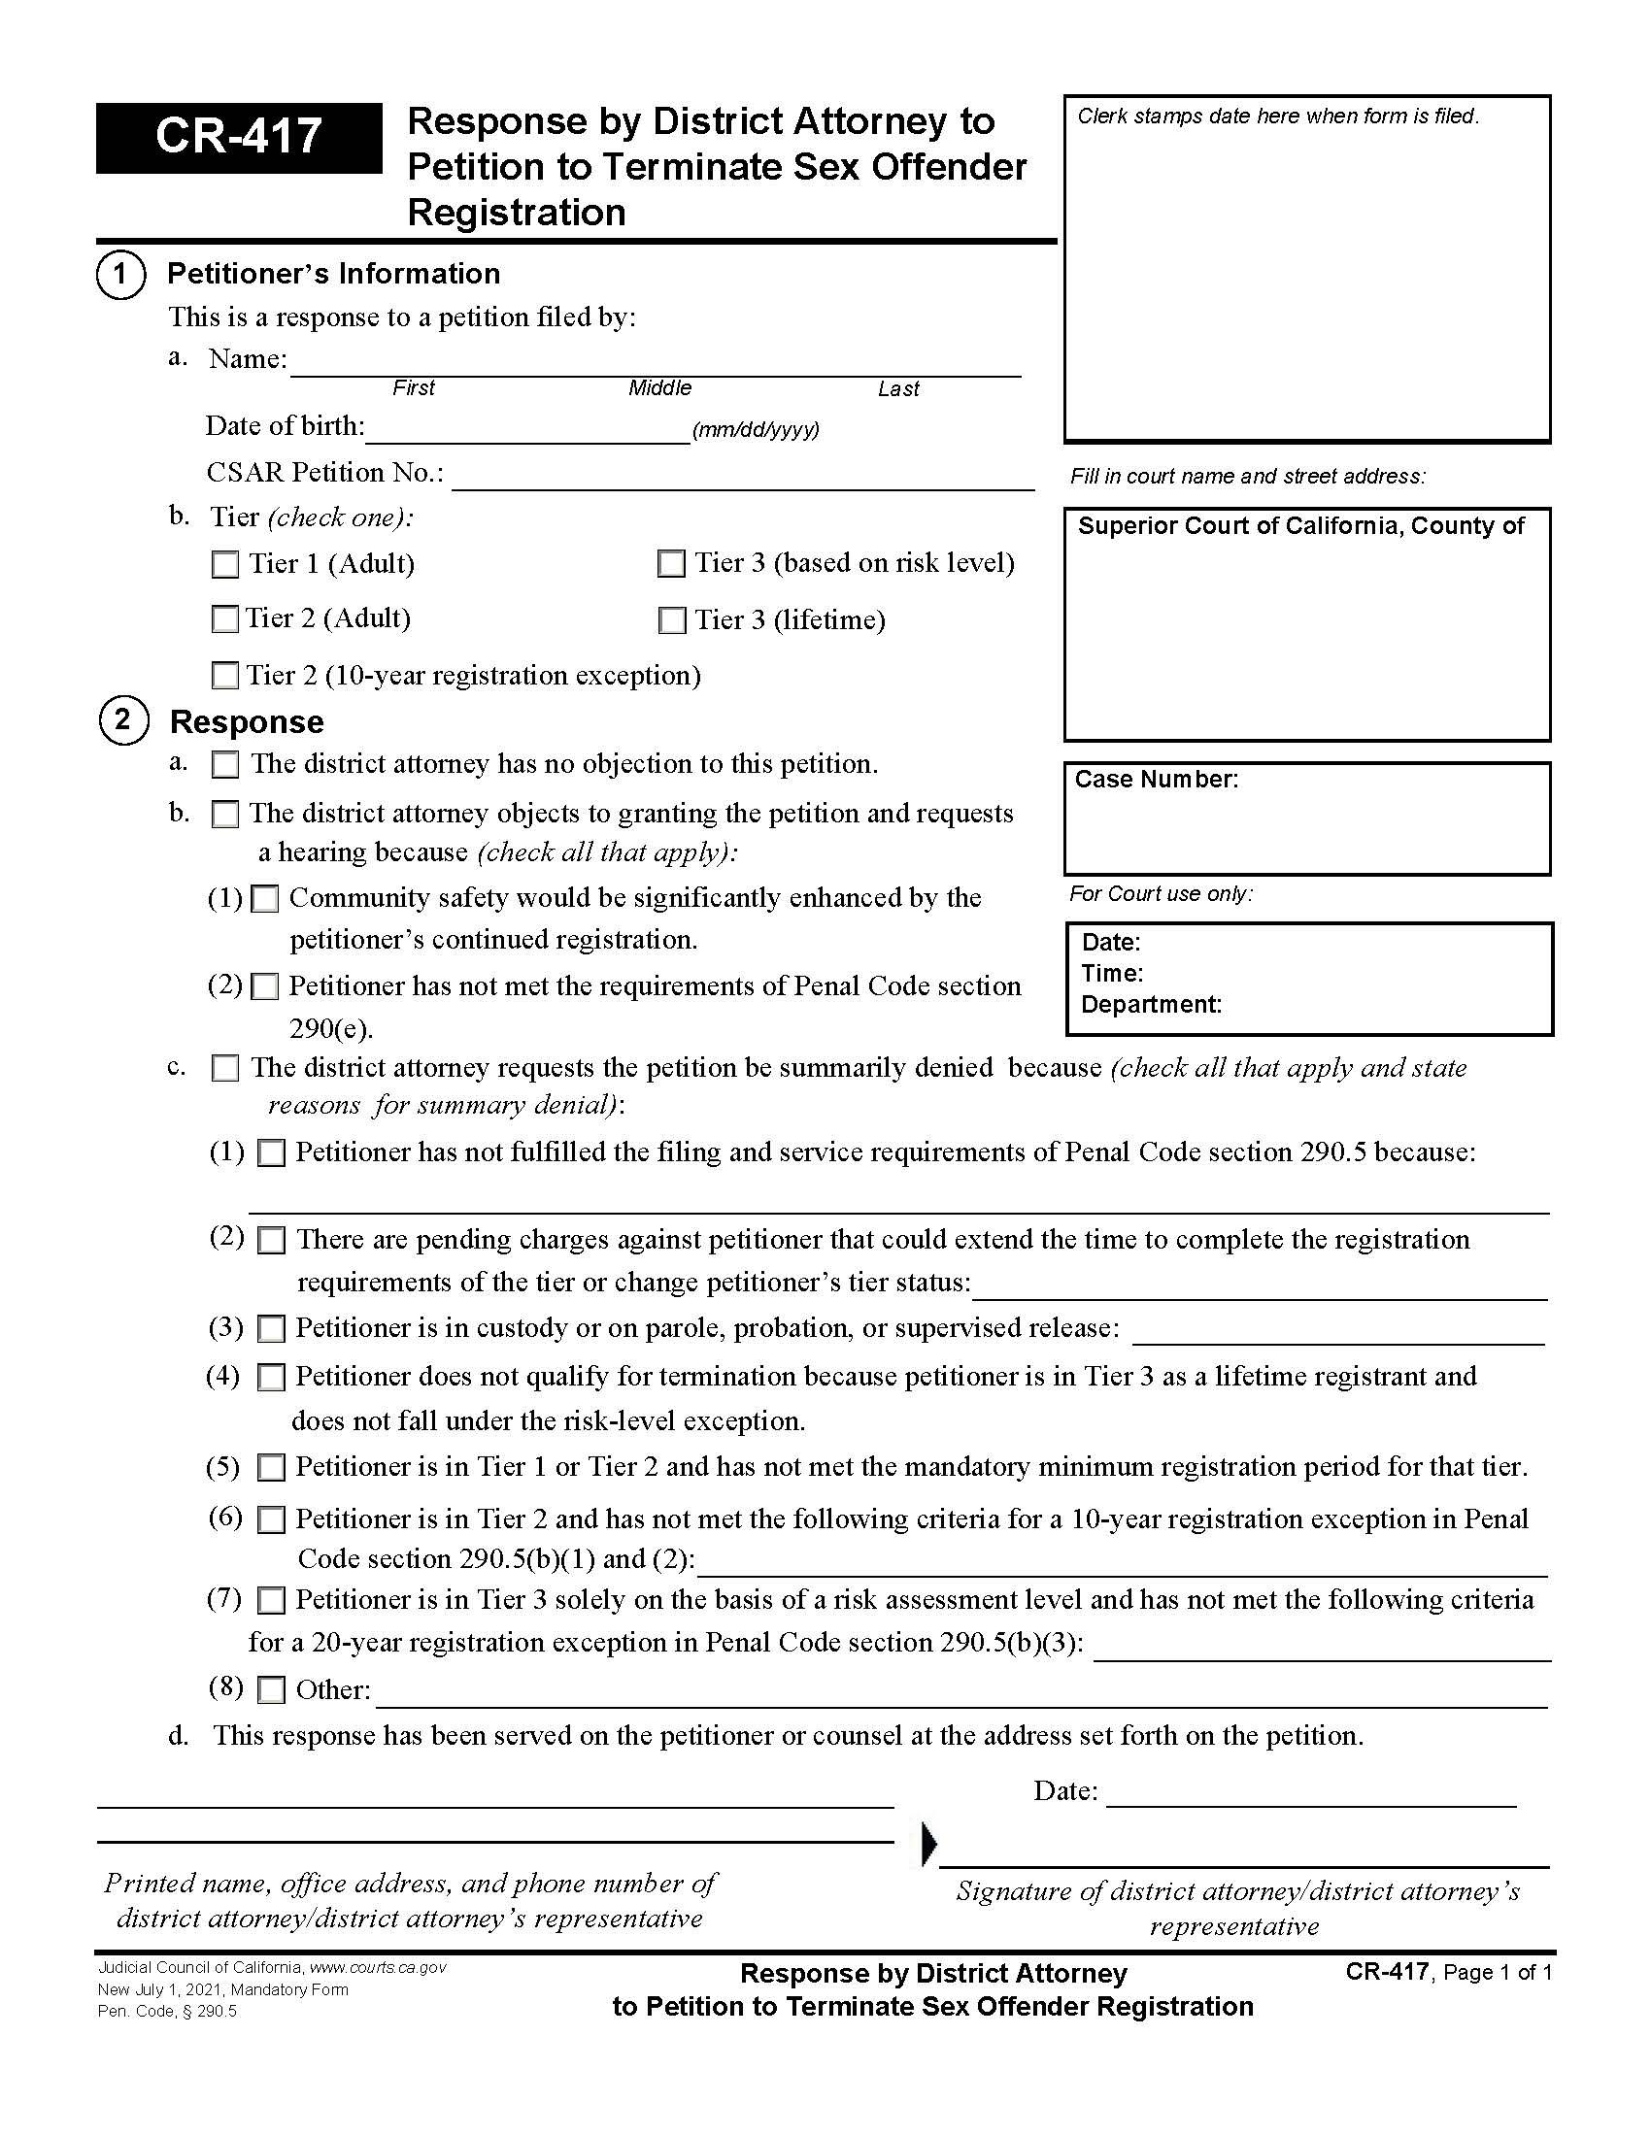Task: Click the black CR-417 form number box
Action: [238, 138]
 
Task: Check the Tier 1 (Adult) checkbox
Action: [225, 564]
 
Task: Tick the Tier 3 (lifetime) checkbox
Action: [672, 621]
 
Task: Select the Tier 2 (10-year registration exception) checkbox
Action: [225, 676]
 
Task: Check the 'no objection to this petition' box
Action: [225, 765]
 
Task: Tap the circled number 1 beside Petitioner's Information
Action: [120, 274]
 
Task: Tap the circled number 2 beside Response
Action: [123, 720]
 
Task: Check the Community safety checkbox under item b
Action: [265, 899]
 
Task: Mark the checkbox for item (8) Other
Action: [271, 1690]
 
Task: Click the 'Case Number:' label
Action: [1156, 780]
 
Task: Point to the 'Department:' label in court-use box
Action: [1151, 1005]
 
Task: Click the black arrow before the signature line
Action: [929, 1844]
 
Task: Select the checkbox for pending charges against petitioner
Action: [271, 1241]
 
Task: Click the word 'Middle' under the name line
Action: [659, 388]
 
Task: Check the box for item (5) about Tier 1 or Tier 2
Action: [271, 1468]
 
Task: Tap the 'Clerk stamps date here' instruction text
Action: [1277, 117]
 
